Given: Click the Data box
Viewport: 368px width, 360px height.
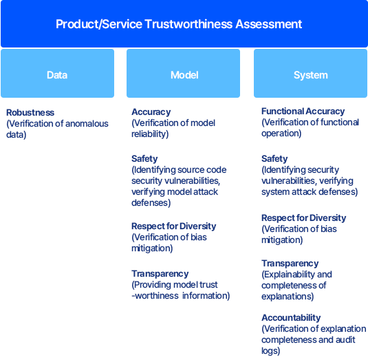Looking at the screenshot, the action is click(x=58, y=73).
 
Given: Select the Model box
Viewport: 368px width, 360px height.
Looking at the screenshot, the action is click(x=183, y=73).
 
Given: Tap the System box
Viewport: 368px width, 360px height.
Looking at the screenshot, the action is click(x=310, y=73).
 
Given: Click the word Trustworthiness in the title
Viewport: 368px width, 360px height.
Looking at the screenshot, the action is click(x=188, y=24).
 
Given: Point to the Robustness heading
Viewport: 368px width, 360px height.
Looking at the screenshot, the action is click(x=30, y=112).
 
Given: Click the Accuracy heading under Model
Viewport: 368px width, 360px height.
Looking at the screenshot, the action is click(x=151, y=112).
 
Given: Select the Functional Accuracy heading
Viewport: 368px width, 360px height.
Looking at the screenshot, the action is click(x=303, y=112).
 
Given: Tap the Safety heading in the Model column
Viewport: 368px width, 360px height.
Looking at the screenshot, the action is click(x=144, y=159).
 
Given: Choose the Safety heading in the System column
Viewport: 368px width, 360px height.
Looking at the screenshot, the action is click(x=274, y=159).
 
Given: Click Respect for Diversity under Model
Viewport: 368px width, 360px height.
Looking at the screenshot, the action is click(x=173, y=226).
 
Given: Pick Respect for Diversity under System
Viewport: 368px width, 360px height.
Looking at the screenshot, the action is click(x=304, y=218).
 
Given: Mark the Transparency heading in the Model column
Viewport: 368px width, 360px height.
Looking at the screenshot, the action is click(x=160, y=274).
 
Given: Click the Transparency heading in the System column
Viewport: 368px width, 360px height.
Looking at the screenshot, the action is click(x=290, y=264).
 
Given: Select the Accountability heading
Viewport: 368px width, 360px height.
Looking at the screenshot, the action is click(x=291, y=318).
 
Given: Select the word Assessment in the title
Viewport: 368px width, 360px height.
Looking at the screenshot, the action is click(x=269, y=24).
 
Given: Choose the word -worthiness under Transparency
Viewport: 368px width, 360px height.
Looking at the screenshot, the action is click(x=155, y=296).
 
